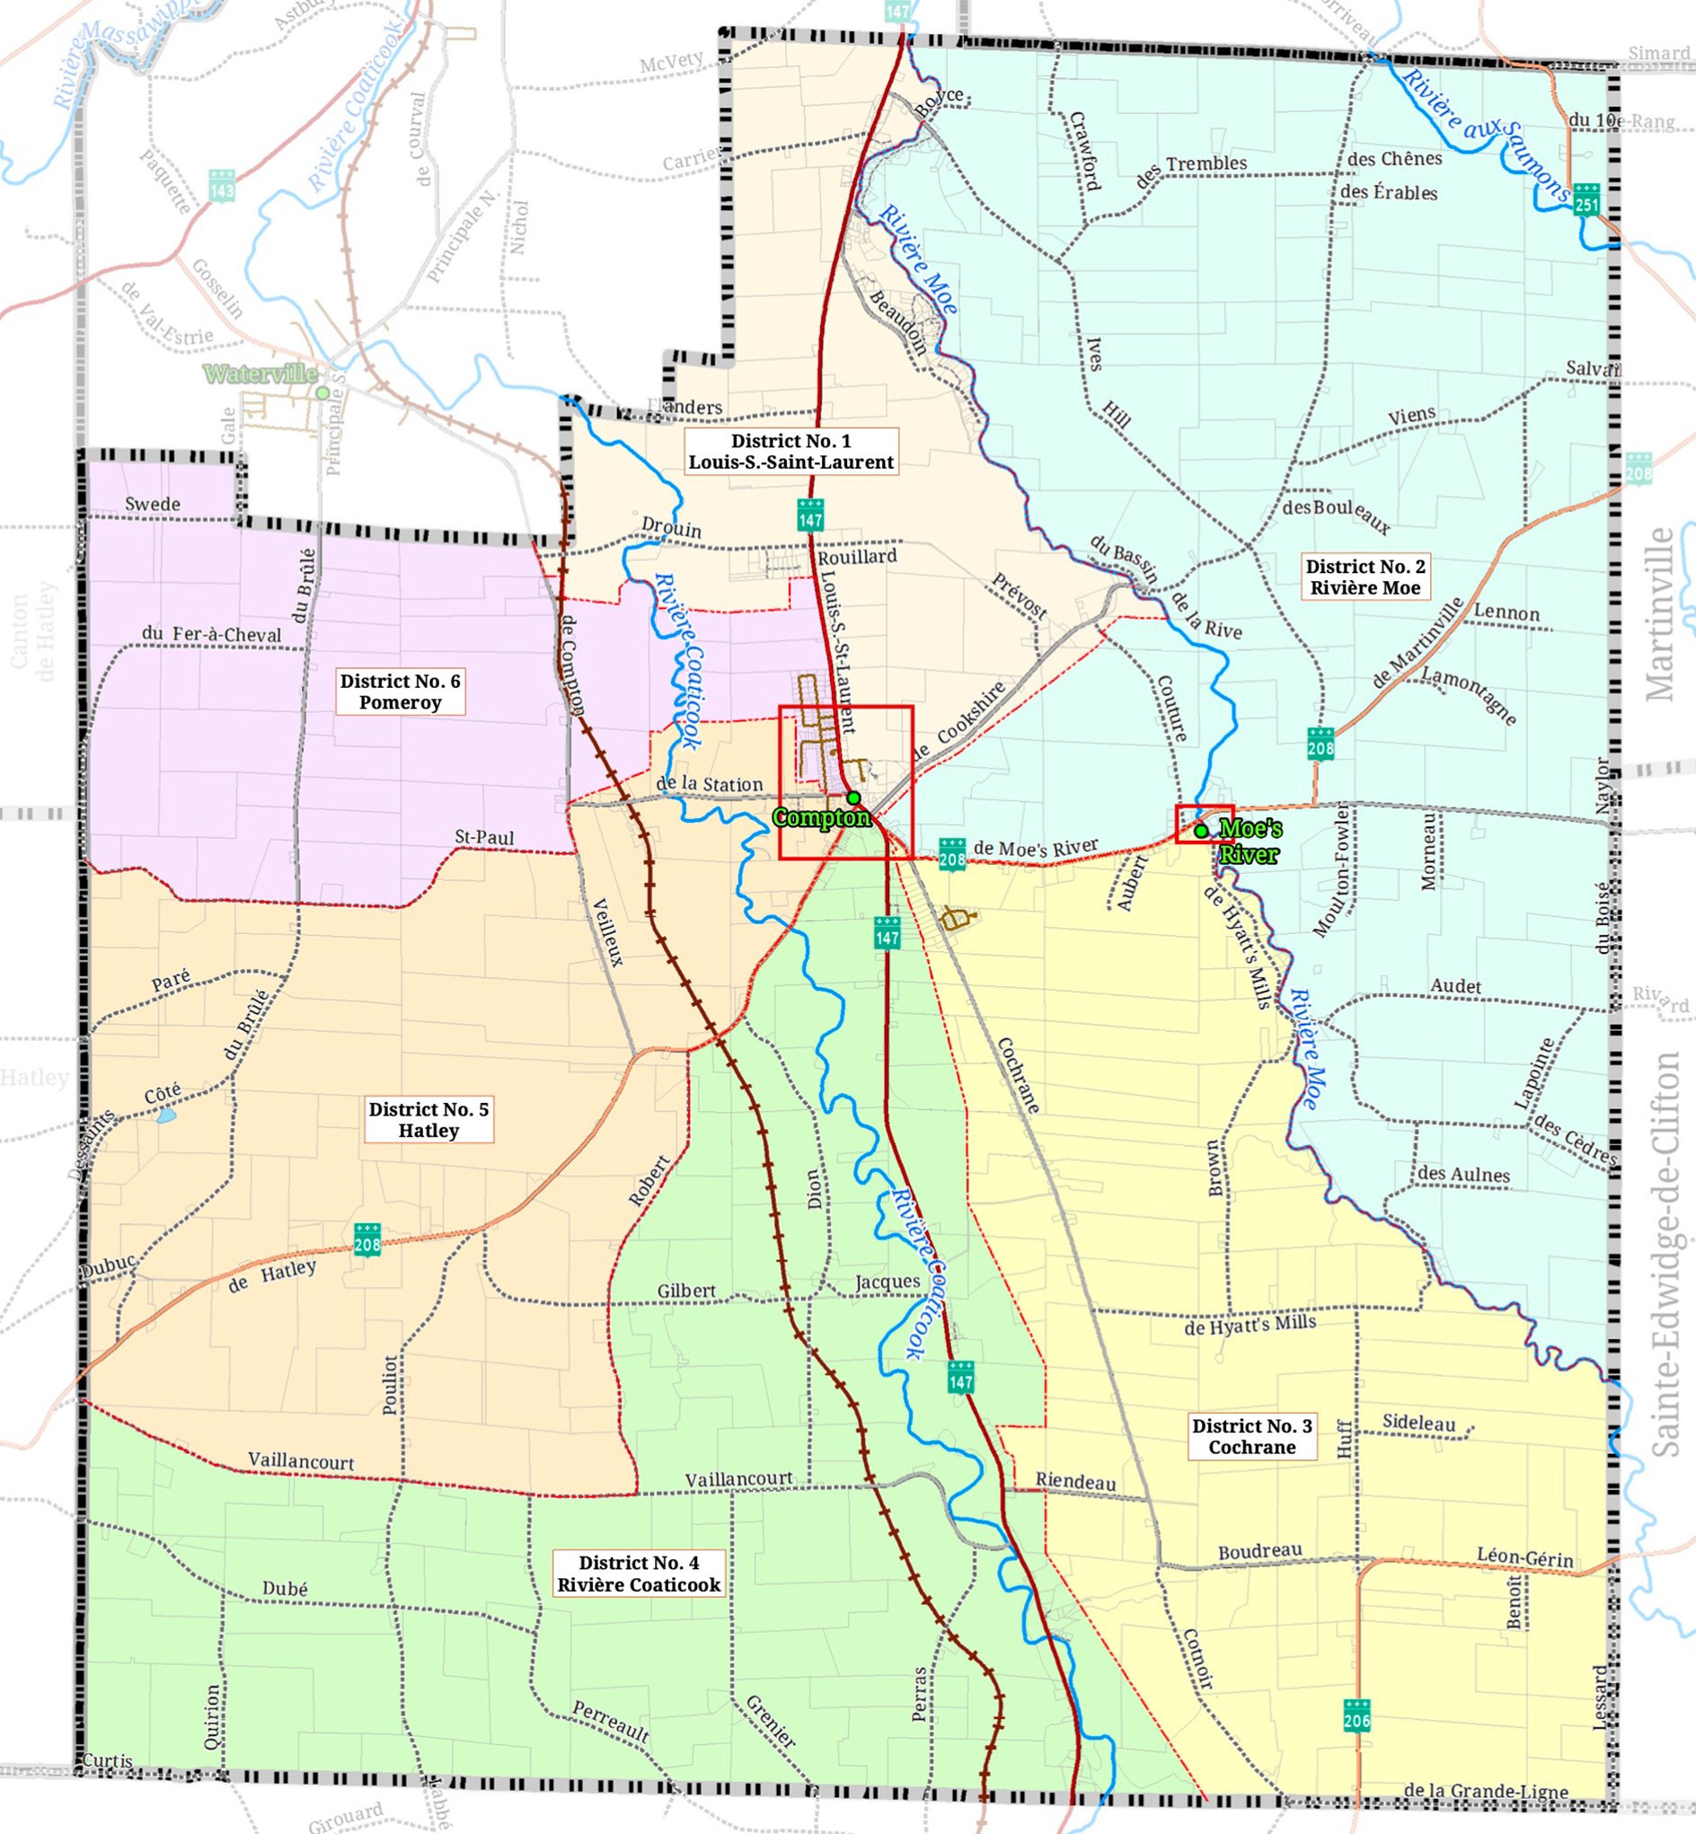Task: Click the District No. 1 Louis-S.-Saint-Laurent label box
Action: (x=791, y=452)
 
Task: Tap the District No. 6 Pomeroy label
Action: (x=400, y=691)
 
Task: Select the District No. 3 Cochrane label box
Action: (x=1252, y=1436)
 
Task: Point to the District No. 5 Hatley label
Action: (x=428, y=1119)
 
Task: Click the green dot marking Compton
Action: (x=853, y=798)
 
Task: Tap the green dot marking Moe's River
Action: (x=1200, y=831)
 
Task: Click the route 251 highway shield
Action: (x=1586, y=200)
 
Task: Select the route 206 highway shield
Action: (x=1356, y=1715)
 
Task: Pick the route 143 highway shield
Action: (x=222, y=185)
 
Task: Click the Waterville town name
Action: (x=261, y=374)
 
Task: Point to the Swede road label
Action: (x=153, y=504)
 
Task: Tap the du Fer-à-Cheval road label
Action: (x=212, y=634)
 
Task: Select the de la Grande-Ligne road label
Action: (x=1485, y=1791)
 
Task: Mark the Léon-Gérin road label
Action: (x=1524, y=1558)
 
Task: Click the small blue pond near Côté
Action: (x=165, y=1116)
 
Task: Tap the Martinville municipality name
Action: (x=1661, y=614)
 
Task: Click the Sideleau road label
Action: (x=1418, y=1423)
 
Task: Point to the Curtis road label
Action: (x=108, y=1760)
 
